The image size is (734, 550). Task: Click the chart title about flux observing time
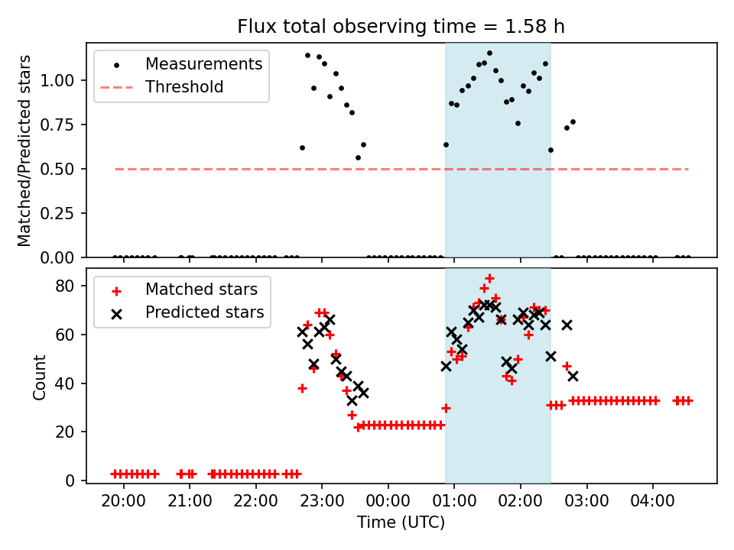tap(401, 26)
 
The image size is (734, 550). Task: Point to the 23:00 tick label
tap(322, 501)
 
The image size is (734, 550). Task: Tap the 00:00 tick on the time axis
tap(388, 501)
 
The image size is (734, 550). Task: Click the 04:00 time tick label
tap(652, 501)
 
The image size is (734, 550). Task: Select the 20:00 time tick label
tap(124, 501)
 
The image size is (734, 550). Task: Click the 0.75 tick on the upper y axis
tap(57, 125)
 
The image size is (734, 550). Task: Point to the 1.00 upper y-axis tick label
tap(57, 80)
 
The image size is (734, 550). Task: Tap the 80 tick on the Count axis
tap(64, 286)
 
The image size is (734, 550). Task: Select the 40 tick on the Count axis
tap(64, 383)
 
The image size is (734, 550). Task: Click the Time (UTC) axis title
tap(401, 522)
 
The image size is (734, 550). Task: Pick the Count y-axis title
tap(39, 377)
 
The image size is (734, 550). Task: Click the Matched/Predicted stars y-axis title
tap(24, 150)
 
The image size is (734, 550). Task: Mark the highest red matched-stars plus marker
tap(489, 278)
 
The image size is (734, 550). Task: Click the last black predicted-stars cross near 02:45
tap(573, 376)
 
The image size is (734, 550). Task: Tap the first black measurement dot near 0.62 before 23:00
tap(303, 147)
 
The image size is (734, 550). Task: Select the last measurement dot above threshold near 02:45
tap(573, 122)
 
